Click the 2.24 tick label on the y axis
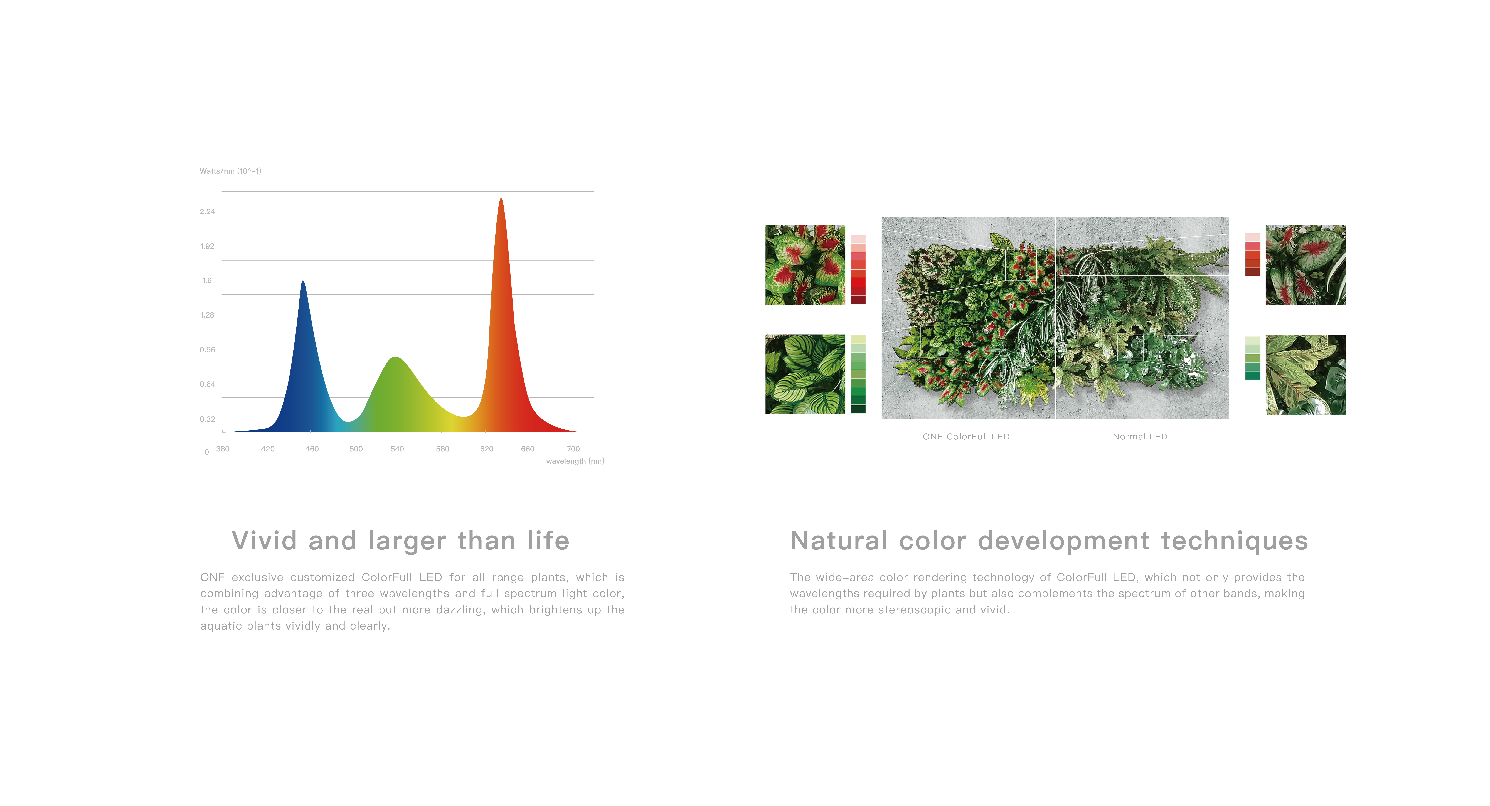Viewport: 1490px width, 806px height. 207,212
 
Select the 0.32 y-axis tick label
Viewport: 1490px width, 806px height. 207,419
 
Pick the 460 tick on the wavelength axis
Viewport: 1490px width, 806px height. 312,449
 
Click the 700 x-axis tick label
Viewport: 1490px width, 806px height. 573,449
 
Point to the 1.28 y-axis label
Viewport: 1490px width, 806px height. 207,315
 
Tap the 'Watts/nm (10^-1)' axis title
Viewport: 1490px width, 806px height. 230,171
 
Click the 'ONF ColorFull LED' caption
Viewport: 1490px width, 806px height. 966,437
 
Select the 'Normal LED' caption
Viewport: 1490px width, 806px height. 1140,437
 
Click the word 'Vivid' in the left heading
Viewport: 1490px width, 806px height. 264,541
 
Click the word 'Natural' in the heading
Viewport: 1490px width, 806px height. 839,541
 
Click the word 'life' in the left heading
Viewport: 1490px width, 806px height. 548,541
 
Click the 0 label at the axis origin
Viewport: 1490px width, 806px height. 206,453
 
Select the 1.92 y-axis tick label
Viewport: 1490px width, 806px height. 207,247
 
